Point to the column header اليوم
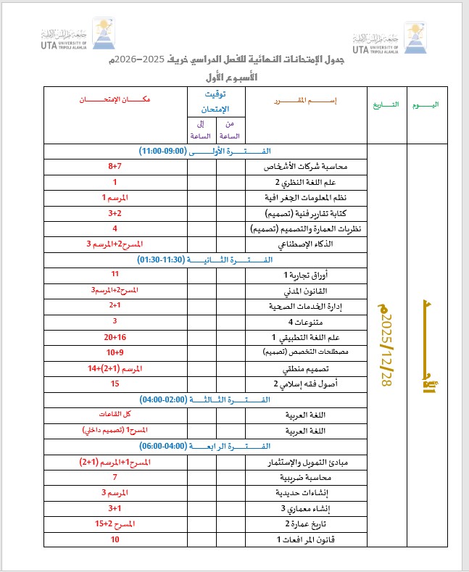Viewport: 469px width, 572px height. pyautogui.click(x=424, y=104)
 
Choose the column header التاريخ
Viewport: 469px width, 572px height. pyautogui.click(x=386, y=104)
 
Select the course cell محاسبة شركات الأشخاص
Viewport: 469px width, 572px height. pyautogui.click(x=296, y=167)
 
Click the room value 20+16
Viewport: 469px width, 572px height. pyautogui.click(x=115, y=337)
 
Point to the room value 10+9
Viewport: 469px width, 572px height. pyautogui.click(x=115, y=352)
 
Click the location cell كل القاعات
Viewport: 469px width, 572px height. pyautogui.click(x=115, y=414)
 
